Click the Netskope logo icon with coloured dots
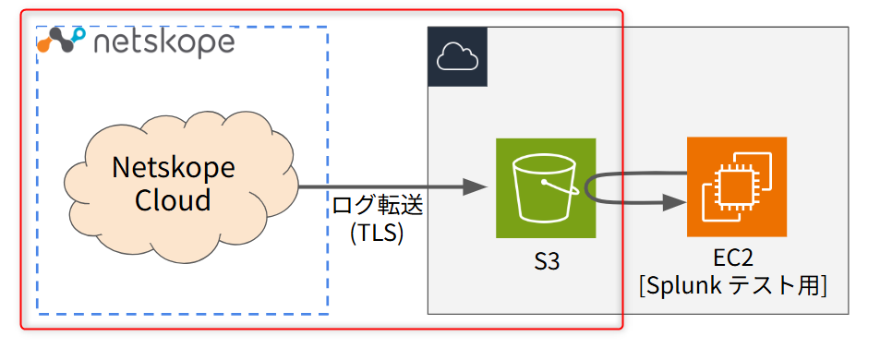click(63, 41)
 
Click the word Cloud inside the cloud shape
click(173, 200)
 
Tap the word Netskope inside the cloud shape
click(173, 168)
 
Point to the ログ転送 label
click(377, 206)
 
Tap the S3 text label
click(547, 263)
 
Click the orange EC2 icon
click(736, 186)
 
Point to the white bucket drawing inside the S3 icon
click(545, 188)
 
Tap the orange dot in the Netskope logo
click(44, 44)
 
